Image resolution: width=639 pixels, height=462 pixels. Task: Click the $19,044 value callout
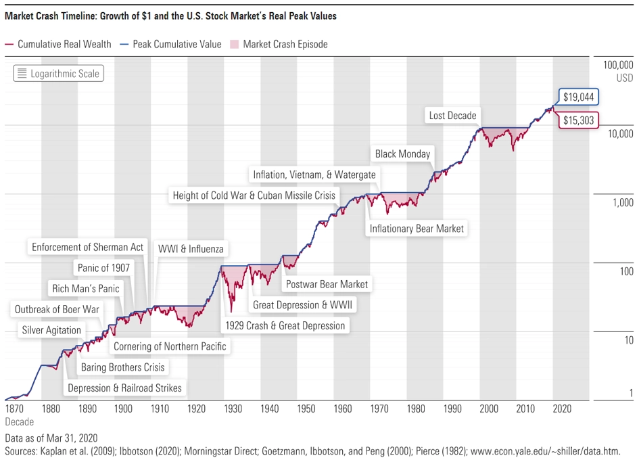(578, 97)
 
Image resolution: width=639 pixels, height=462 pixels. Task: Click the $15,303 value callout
(578, 120)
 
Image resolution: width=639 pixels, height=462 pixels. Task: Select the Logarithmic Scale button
(58, 73)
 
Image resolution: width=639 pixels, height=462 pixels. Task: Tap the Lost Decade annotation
(452, 116)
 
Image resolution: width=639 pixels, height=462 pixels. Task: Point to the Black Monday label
(402, 154)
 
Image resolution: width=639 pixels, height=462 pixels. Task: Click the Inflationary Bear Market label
(417, 229)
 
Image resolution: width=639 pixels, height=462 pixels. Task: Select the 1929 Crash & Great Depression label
(285, 325)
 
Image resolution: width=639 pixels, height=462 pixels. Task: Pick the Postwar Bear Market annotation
(327, 284)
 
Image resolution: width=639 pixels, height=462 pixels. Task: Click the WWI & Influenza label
(190, 249)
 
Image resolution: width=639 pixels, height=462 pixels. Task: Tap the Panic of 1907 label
(103, 268)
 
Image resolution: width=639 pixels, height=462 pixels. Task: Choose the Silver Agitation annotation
(51, 330)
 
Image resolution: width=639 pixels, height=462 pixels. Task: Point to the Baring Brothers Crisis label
(122, 367)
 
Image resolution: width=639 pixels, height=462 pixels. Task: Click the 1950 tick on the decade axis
(306, 409)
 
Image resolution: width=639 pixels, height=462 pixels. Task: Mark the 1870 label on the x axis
(14, 409)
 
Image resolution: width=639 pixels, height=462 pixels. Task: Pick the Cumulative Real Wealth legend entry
(58, 45)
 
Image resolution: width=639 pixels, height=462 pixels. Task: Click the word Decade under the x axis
(19, 422)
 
